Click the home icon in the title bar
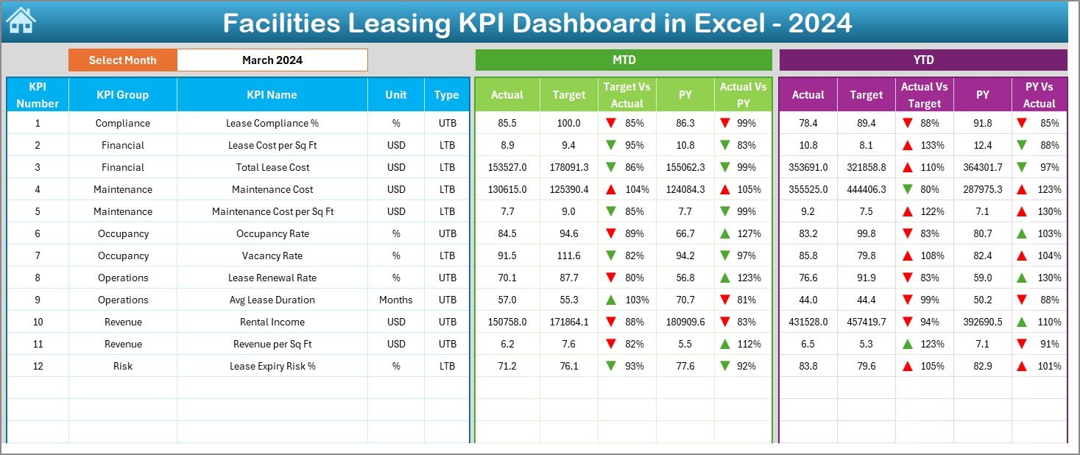pos(21,21)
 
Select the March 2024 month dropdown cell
pos(272,60)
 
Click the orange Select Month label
pos(122,60)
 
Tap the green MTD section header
pos(624,60)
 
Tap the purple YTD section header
pos(922,60)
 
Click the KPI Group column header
pos(122,95)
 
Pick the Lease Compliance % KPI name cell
pos(272,124)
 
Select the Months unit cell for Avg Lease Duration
pos(396,300)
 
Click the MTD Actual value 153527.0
pos(507,168)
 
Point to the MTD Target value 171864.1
pos(568,322)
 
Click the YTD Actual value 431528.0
pos(808,322)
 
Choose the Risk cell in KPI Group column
pos(122,367)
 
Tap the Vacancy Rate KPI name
pos(272,256)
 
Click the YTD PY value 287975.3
pos(982,190)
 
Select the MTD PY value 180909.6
pos(685,322)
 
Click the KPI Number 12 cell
pos(38,367)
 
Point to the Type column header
pos(446,95)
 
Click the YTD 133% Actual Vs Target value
pos(931,146)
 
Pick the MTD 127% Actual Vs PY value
pos(750,234)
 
